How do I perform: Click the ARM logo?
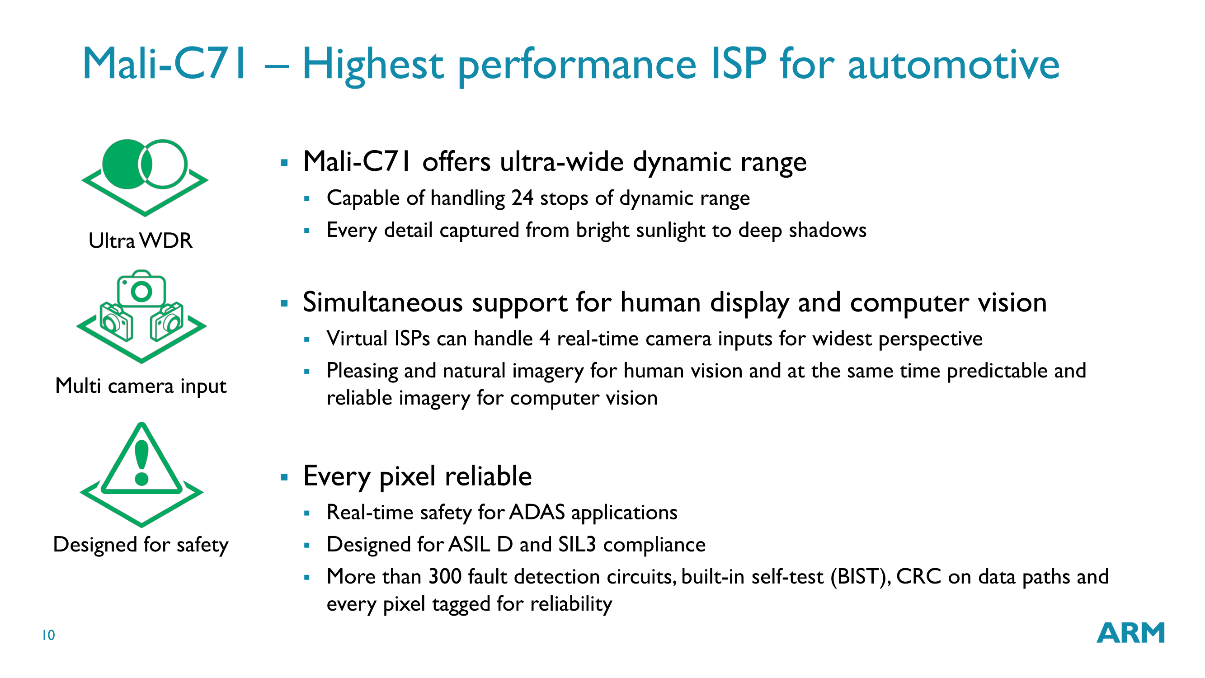point(1130,633)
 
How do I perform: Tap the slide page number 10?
point(49,636)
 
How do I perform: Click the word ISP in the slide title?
point(738,64)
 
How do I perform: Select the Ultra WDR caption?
point(140,240)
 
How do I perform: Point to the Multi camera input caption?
point(141,386)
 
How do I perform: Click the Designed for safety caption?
point(141,545)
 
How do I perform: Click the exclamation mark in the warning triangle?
point(142,463)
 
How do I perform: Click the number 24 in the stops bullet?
point(522,198)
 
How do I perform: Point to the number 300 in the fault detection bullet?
point(445,576)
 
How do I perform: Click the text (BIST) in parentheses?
point(861,577)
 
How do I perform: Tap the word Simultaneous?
point(383,302)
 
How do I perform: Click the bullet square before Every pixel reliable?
point(284,477)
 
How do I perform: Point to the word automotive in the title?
point(953,65)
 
